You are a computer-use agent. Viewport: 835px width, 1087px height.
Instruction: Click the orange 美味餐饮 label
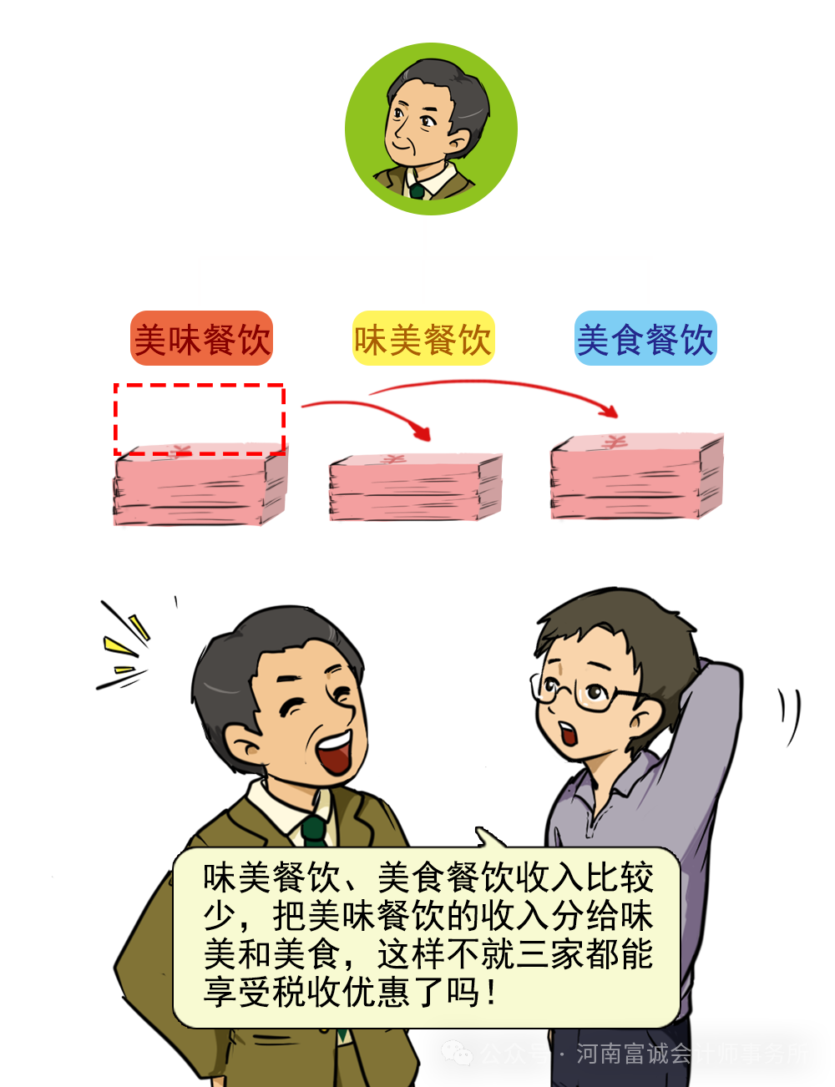[x=201, y=338]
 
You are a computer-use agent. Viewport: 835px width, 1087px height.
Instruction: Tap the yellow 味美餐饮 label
[x=423, y=338]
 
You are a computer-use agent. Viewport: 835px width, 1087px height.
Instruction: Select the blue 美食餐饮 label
[x=645, y=338]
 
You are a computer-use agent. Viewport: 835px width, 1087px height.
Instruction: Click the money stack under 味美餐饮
[x=415, y=488]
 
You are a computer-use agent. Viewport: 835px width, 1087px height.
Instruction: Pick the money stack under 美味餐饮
[x=200, y=488]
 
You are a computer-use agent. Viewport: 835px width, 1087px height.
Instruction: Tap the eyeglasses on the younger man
[x=588, y=694]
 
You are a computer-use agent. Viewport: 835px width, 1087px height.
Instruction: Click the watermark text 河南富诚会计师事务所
[x=692, y=1054]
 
